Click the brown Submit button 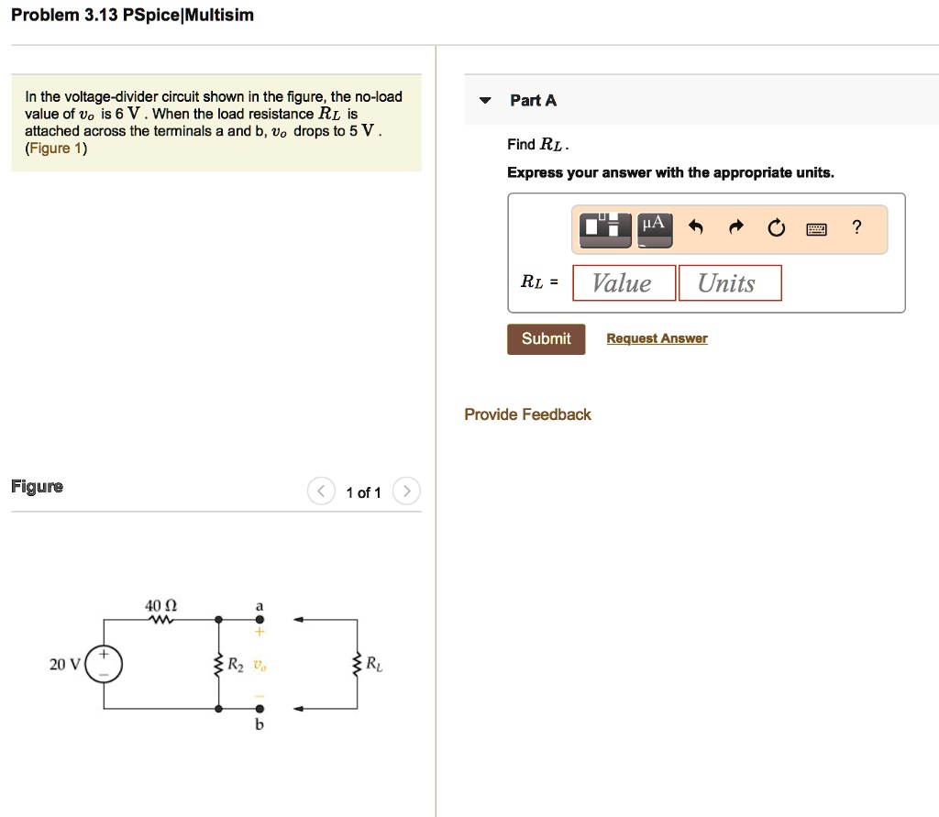click(546, 339)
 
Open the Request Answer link click(657, 339)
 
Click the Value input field click(624, 283)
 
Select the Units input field click(729, 283)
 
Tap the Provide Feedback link click(527, 414)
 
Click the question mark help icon click(856, 228)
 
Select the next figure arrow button click(406, 492)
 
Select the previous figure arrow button click(320, 492)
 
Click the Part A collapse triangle click(487, 101)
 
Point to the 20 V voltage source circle click(104, 664)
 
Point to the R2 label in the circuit click(236, 663)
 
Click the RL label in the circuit click(375, 663)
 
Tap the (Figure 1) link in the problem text click(56, 149)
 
